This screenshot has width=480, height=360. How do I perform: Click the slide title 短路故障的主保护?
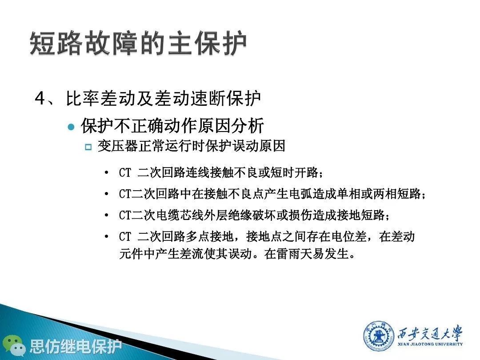(x=138, y=43)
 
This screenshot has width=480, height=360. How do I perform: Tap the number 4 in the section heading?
(x=40, y=99)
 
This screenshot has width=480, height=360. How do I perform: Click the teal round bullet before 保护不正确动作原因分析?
(x=71, y=126)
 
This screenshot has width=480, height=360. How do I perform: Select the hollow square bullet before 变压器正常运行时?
(x=88, y=147)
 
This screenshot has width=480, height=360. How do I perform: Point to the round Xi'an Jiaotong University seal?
(x=378, y=336)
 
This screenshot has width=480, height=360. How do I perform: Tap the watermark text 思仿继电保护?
(x=76, y=346)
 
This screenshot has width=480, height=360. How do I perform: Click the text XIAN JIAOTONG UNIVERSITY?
(x=430, y=344)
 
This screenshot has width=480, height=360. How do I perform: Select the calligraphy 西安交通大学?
(x=430, y=332)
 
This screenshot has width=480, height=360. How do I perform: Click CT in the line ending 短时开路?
(x=125, y=173)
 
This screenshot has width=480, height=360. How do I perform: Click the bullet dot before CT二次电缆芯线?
(x=106, y=215)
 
